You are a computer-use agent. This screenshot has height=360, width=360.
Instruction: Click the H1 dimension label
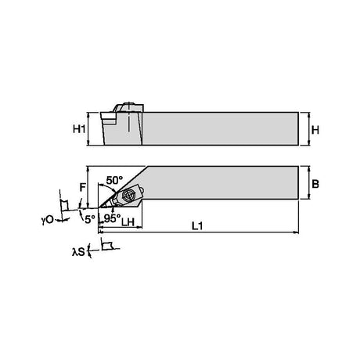pos(79,129)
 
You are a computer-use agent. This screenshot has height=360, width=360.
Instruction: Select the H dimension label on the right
pos(315,130)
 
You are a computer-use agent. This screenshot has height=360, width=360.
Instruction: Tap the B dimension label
pos(315,184)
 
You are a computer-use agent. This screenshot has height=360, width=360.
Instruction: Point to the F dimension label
pos(82,187)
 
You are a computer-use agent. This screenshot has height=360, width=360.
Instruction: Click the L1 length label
pos(197,226)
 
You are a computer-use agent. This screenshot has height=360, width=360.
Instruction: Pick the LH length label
pos(128,222)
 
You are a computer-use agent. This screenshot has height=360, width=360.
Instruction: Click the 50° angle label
pos(114,180)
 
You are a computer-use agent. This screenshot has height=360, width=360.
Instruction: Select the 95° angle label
pos(113,218)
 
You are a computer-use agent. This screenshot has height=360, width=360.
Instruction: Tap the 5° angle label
pos(90,219)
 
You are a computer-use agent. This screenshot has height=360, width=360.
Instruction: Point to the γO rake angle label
pos(47,220)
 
